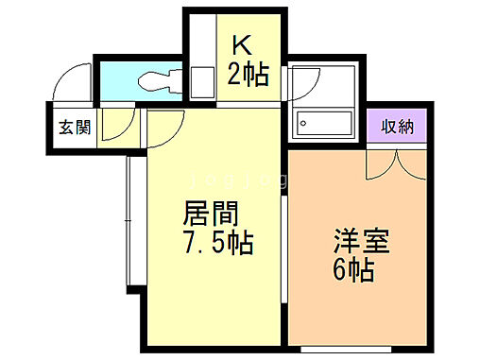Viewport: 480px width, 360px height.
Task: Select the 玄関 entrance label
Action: point(76,128)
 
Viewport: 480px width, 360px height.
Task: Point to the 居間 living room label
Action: point(210,214)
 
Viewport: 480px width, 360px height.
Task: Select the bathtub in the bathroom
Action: point(324,121)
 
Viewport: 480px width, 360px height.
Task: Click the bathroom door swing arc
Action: point(303,84)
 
